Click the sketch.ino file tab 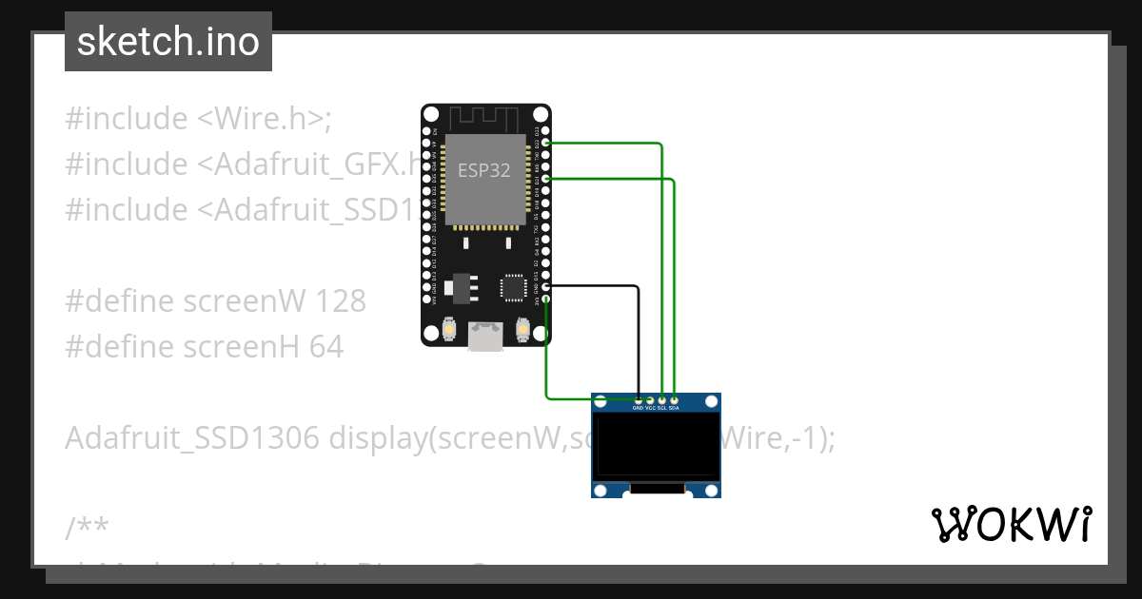[168, 42]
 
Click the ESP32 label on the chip [483, 171]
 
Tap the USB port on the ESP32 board [486, 337]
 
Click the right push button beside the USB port [522, 330]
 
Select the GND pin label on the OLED [638, 408]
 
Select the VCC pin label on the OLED [650, 408]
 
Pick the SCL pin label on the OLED [661, 408]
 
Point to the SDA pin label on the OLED [674, 408]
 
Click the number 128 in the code [341, 301]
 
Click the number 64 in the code [326, 347]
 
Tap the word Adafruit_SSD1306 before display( [192, 438]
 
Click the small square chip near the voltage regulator [512, 286]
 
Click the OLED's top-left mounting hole [601, 402]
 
